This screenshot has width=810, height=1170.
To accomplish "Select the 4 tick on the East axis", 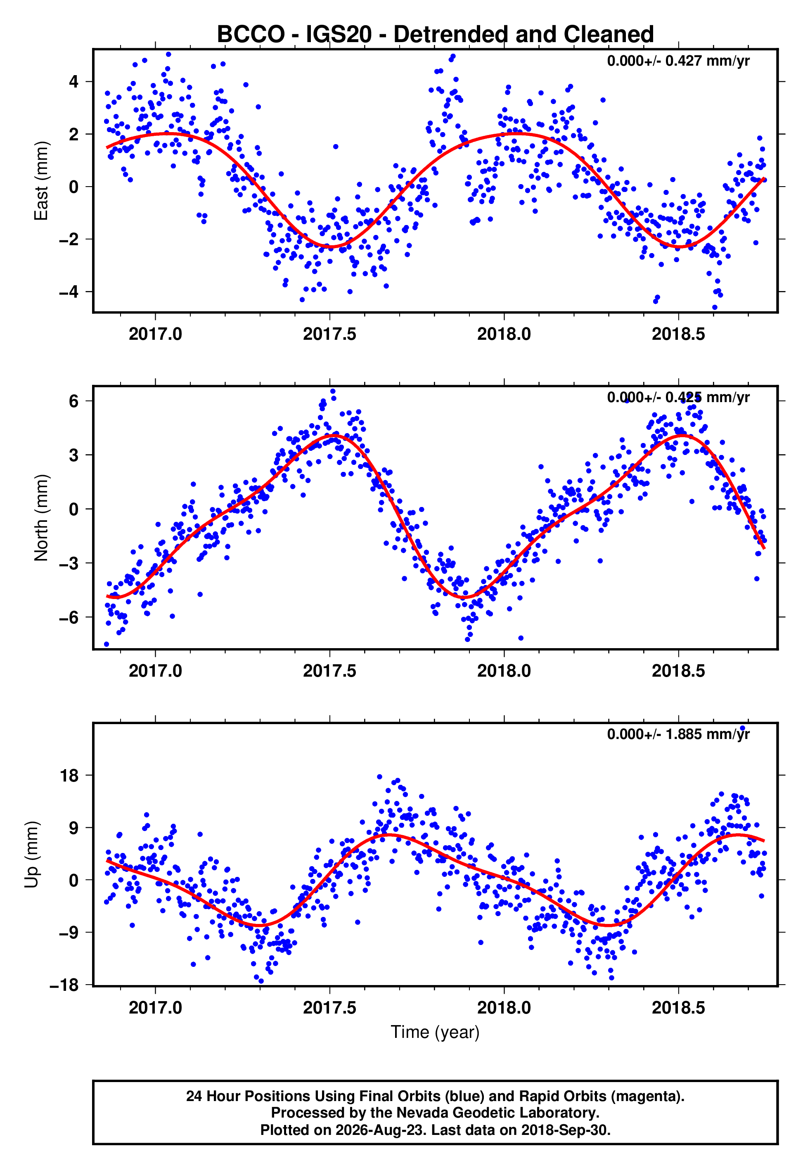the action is (x=74, y=81).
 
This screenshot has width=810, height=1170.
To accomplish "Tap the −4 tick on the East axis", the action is (x=69, y=292).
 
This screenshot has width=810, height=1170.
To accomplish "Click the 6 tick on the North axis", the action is (x=74, y=401).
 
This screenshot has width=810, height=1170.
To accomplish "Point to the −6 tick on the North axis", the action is (x=69, y=618).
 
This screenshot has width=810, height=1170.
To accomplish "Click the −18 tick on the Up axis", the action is (x=64, y=985).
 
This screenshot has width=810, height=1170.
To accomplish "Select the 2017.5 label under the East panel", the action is (x=330, y=334).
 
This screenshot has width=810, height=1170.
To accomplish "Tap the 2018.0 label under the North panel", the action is (x=504, y=671).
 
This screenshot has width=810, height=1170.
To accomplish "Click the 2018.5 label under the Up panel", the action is (x=679, y=1007).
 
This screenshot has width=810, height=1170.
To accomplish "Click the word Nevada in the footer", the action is (x=421, y=1113).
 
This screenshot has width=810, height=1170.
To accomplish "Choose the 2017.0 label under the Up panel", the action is (x=155, y=1007).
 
